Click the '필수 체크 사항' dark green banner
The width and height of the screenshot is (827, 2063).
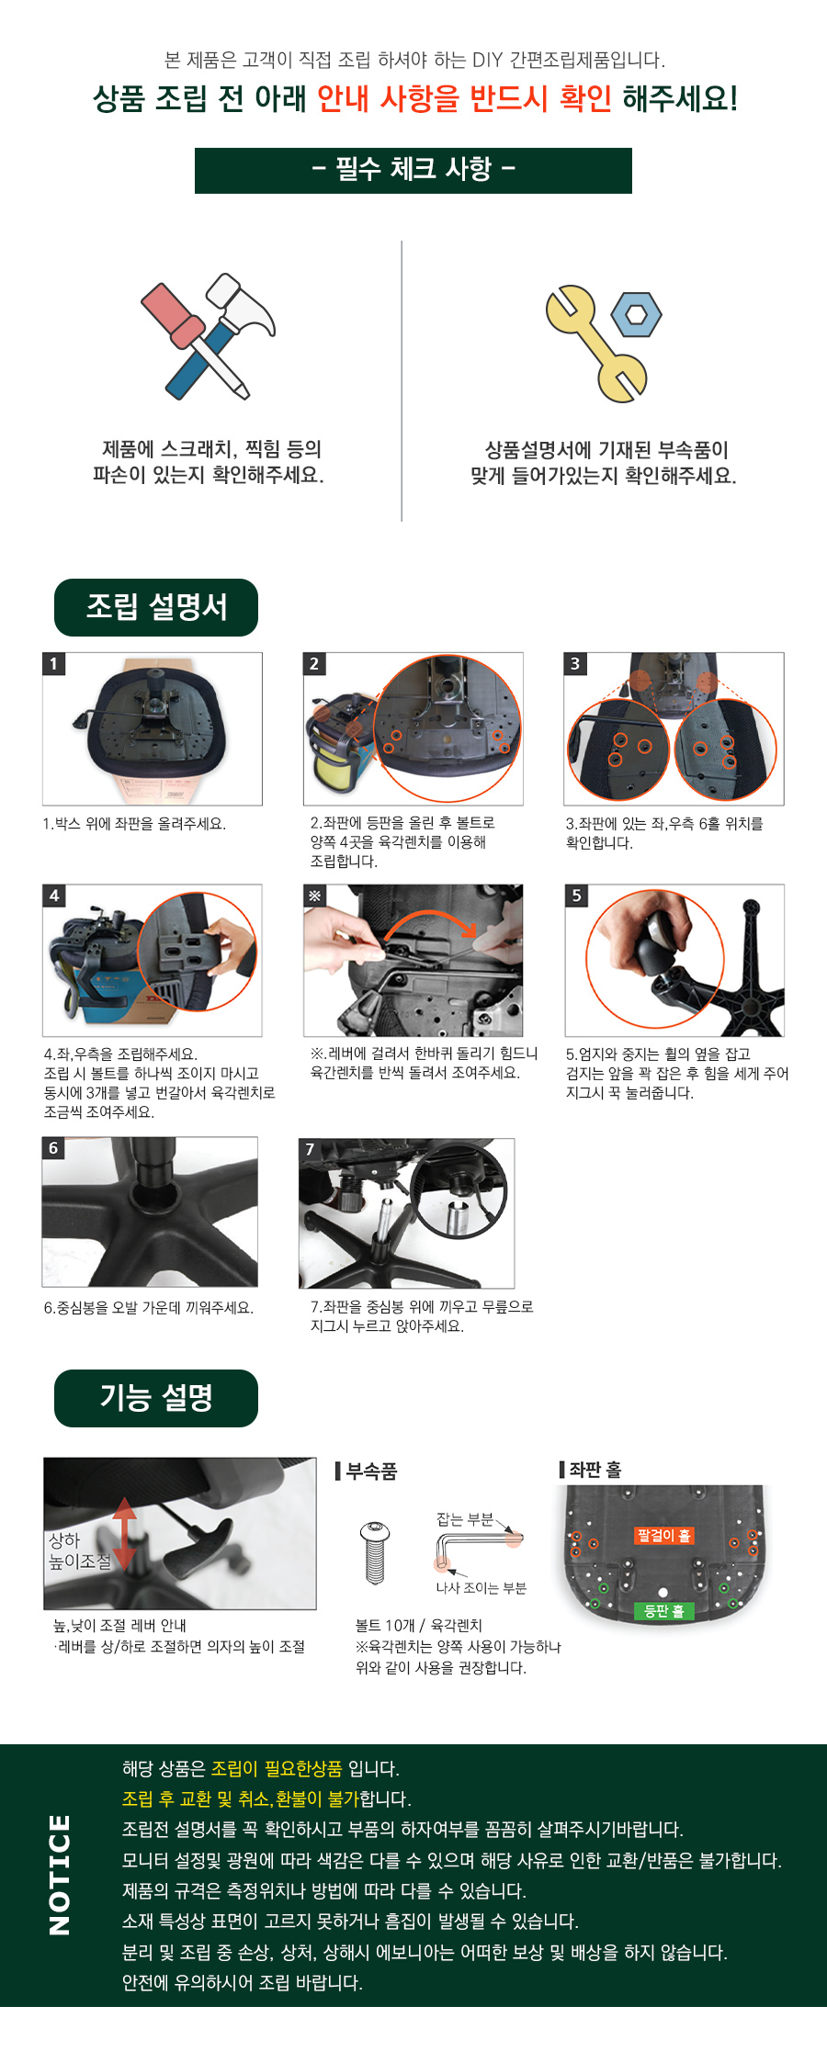pyautogui.click(x=413, y=170)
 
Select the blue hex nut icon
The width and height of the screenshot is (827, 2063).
pyautogui.click(x=636, y=315)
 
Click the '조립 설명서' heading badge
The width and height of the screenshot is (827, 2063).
pyautogui.click(x=156, y=607)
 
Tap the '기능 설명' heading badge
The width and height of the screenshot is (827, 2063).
pyautogui.click(x=156, y=1398)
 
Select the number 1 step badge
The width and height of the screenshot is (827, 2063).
pyautogui.click(x=54, y=664)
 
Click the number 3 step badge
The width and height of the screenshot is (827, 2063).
pyautogui.click(x=575, y=664)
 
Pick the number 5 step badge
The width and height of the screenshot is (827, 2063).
pyautogui.click(x=576, y=896)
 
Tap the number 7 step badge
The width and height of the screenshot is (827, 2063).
pyautogui.click(x=310, y=1149)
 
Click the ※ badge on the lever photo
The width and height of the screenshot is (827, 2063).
pyautogui.click(x=315, y=896)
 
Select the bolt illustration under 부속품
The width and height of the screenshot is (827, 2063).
pyautogui.click(x=375, y=1552)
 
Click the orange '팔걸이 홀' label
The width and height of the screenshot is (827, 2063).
pyautogui.click(x=663, y=1535)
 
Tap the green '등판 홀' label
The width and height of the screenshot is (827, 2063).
pyautogui.click(x=663, y=1610)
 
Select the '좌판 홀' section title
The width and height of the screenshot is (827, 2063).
pyautogui.click(x=595, y=1470)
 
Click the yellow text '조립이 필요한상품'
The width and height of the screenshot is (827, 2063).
pyautogui.click(x=277, y=1768)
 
